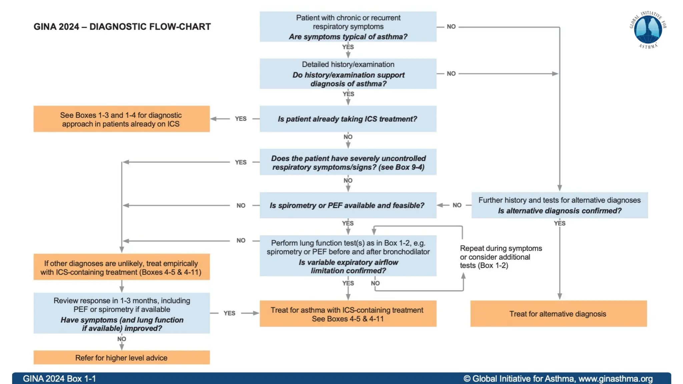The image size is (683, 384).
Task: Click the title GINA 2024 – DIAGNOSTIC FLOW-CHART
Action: (122, 27)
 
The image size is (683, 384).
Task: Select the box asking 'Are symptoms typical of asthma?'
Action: (348, 27)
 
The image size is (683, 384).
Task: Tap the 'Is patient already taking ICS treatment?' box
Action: (348, 119)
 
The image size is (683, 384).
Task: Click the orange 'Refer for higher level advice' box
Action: (121, 358)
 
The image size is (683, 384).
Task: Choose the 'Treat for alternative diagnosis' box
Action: (558, 314)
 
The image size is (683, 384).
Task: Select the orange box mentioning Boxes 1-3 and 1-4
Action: (121, 119)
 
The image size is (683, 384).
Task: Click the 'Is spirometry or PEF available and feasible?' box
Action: (348, 205)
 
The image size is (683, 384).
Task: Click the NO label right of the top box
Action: (451, 27)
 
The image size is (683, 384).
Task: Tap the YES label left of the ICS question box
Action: (240, 119)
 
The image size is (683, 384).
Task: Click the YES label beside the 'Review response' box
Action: (229, 313)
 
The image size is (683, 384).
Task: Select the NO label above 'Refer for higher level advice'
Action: (121, 339)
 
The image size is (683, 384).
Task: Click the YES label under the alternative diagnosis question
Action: (559, 223)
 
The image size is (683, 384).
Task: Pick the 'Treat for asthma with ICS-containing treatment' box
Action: (348, 314)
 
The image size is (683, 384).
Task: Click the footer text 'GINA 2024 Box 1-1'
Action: (59, 379)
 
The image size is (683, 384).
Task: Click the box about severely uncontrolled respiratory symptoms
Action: (348, 162)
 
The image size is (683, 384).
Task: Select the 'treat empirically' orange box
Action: (121, 267)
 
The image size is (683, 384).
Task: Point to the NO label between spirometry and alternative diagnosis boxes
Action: (457, 205)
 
